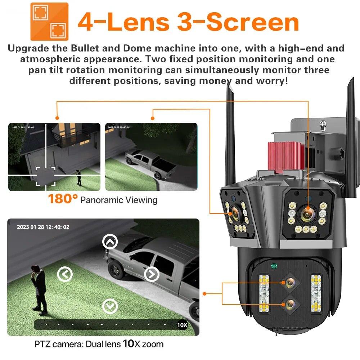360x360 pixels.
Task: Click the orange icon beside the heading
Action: pos(49,21)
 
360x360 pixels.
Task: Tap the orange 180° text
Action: pos(63,199)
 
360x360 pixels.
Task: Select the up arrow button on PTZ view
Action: pos(110,242)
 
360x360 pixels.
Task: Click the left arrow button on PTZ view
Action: pos(65,275)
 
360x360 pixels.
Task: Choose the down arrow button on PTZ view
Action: pos(110,306)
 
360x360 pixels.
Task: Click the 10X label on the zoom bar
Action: pos(183,325)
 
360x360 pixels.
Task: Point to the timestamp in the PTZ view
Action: pos(43,227)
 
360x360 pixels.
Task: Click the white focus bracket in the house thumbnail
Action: pos(46,176)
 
